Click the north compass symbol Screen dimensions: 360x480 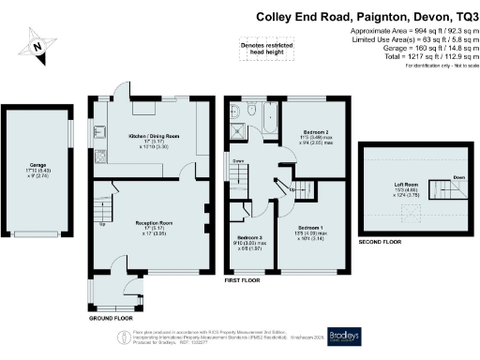36,44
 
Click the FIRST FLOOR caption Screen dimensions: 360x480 241,280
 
